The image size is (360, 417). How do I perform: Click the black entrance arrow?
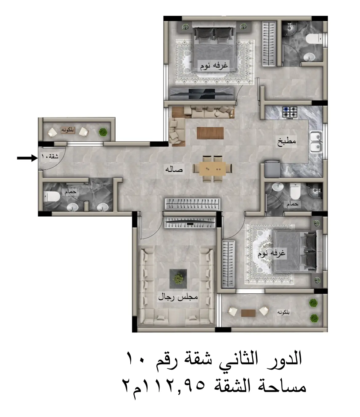click(27, 158)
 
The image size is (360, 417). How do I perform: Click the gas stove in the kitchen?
click(290, 112)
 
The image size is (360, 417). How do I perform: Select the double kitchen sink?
click(316, 142)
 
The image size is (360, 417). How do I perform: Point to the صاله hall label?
click(174, 169)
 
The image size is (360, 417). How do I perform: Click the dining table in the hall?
click(212, 169)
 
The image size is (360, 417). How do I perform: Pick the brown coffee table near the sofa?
click(210, 133)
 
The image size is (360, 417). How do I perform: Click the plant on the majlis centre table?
click(178, 278)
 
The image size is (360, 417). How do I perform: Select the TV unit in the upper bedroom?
click(202, 93)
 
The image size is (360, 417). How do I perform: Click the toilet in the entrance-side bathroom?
click(52, 196)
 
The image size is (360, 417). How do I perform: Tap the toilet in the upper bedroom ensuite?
click(314, 38)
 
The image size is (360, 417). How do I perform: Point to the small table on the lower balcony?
click(248, 313)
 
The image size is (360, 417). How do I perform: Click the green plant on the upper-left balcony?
click(103, 132)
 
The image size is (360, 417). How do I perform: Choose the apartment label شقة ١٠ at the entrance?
click(50, 156)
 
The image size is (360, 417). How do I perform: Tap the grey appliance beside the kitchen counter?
click(272, 169)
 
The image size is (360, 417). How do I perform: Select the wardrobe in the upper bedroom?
click(269, 44)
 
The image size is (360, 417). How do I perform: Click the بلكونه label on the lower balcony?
click(283, 312)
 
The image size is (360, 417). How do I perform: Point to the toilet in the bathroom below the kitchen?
click(295, 191)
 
